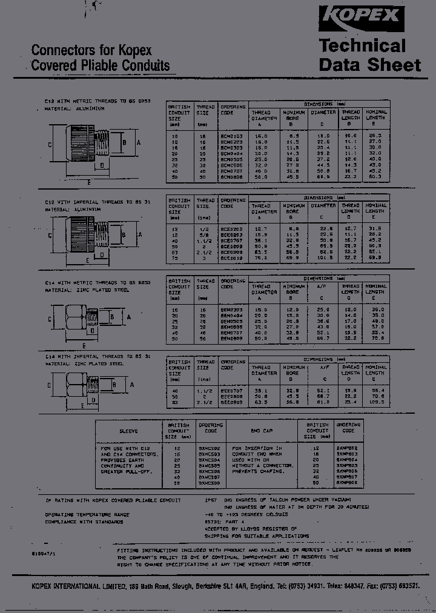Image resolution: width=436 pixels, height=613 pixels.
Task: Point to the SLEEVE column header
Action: pos(128,431)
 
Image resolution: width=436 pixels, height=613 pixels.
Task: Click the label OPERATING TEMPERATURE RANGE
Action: pos(88,514)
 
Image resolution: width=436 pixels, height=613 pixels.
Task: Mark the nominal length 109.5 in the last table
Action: pos(375,401)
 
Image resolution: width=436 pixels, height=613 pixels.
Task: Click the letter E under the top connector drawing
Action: pos(89,182)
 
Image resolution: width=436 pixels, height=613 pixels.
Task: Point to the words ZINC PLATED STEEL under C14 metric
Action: pos(101,290)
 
